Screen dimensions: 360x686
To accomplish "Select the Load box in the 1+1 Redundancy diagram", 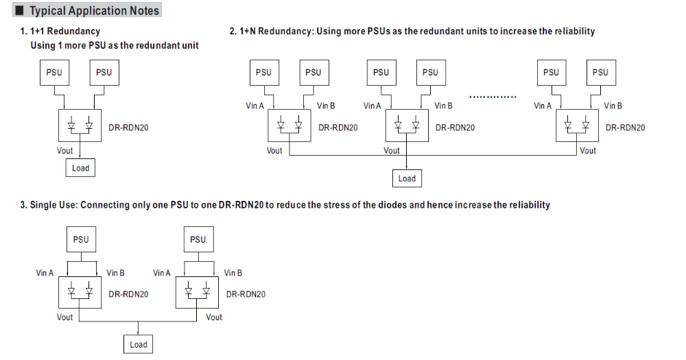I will pyautogui.click(x=81, y=168).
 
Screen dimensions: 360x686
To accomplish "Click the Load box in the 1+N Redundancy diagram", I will pyautogui.click(x=407, y=178).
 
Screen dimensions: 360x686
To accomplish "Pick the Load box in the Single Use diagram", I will pyautogui.click(x=139, y=344).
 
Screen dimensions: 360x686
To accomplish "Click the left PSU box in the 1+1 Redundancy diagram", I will pyautogui.click(x=55, y=72).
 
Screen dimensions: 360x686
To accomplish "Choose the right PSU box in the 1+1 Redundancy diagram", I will pyautogui.click(x=104, y=72).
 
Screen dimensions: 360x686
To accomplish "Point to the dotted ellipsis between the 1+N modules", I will pyautogui.click(x=493, y=97).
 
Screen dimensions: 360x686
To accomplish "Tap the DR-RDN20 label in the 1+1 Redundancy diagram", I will pyautogui.click(x=129, y=128).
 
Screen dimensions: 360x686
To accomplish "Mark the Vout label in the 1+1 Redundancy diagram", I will pyautogui.click(x=64, y=151).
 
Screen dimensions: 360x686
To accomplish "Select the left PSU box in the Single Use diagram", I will pyautogui.click(x=80, y=239).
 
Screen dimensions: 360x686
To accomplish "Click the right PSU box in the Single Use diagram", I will pyautogui.click(x=198, y=239).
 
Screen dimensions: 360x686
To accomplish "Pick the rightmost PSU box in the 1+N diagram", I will pyautogui.click(x=600, y=72).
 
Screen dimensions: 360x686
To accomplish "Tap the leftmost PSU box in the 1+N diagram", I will pyautogui.click(x=263, y=72).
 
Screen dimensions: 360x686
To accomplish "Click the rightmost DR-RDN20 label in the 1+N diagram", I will pyautogui.click(x=625, y=128).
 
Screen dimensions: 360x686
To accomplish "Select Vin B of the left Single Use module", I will pyautogui.click(x=116, y=273).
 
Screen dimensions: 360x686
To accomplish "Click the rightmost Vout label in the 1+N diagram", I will pyautogui.click(x=588, y=151).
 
